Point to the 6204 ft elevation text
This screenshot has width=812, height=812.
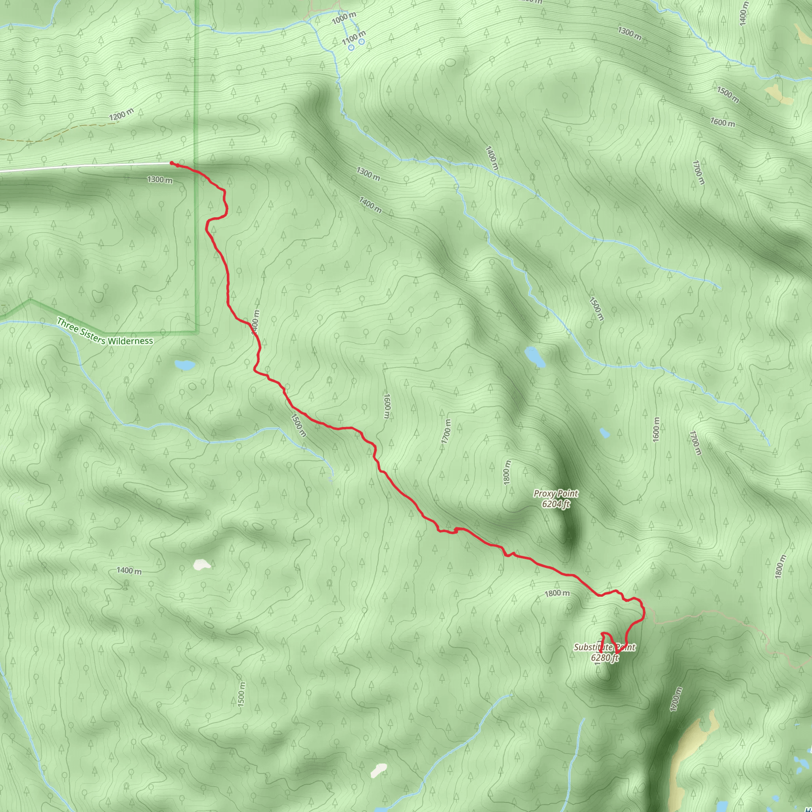(x=555, y=504)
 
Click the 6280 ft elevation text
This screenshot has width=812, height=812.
(x=604, y=658)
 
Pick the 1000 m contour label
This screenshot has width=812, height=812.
(x=344, y=18)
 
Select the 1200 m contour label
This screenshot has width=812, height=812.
(x=121, y=114)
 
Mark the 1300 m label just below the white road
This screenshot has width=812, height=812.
(x=160, y=180)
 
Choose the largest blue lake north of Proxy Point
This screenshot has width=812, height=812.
(x=535, y=356)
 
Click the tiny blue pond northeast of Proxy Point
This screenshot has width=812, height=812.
(x=605, y=433)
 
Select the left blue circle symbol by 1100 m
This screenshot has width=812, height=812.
(x=351, y=48)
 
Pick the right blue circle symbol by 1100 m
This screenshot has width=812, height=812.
(x=362, y=42)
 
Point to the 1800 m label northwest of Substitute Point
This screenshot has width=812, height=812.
(x=557, y=593)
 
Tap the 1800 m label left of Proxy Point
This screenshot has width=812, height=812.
(x=507, y=471)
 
